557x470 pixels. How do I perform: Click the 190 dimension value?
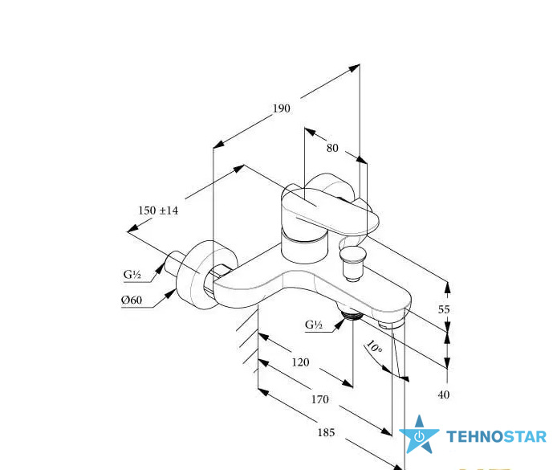coord(282,108)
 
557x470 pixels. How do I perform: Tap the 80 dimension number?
coord(332,148)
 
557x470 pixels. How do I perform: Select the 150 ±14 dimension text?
coord(158,210)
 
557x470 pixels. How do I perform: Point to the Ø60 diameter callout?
coord(132,300)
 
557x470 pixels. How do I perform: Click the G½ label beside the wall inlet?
coord(132,275)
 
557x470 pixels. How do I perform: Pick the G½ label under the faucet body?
coord(314,325)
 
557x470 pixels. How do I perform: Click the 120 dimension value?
coord(300,362)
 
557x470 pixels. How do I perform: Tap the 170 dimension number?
coord(319,399)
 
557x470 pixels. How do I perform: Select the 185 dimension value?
coord(326,433)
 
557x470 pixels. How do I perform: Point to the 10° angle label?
coord(374,346)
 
